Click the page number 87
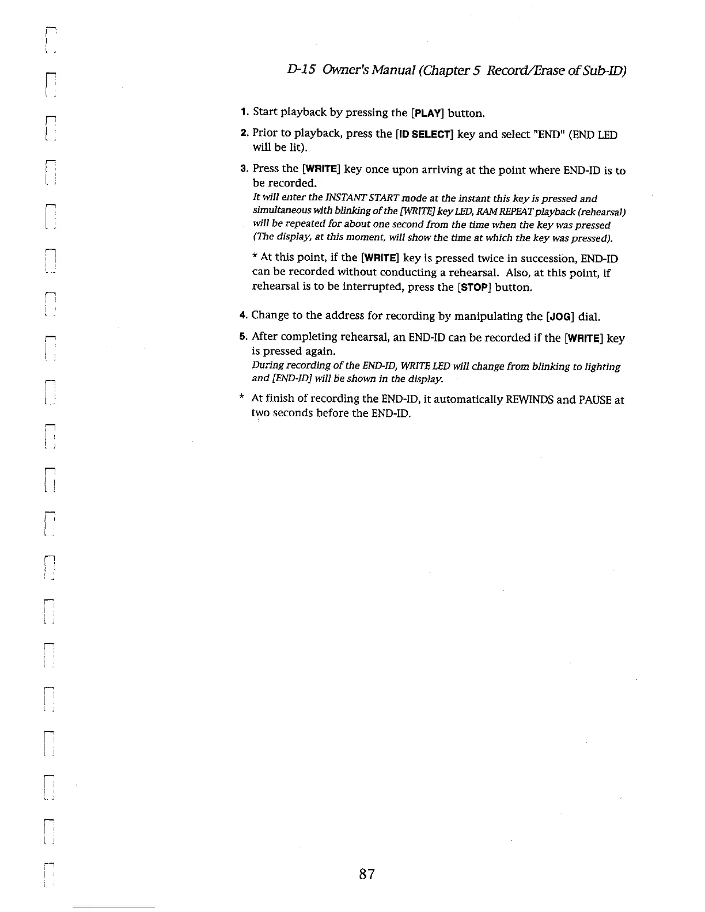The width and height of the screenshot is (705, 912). (367, 875)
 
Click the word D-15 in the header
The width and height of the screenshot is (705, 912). (300, 70)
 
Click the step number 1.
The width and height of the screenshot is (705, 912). (244, 112)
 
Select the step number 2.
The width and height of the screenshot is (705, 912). (244, 134)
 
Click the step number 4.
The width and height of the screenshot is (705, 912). (243, 316)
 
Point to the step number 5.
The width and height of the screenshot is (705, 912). (243, 337)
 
